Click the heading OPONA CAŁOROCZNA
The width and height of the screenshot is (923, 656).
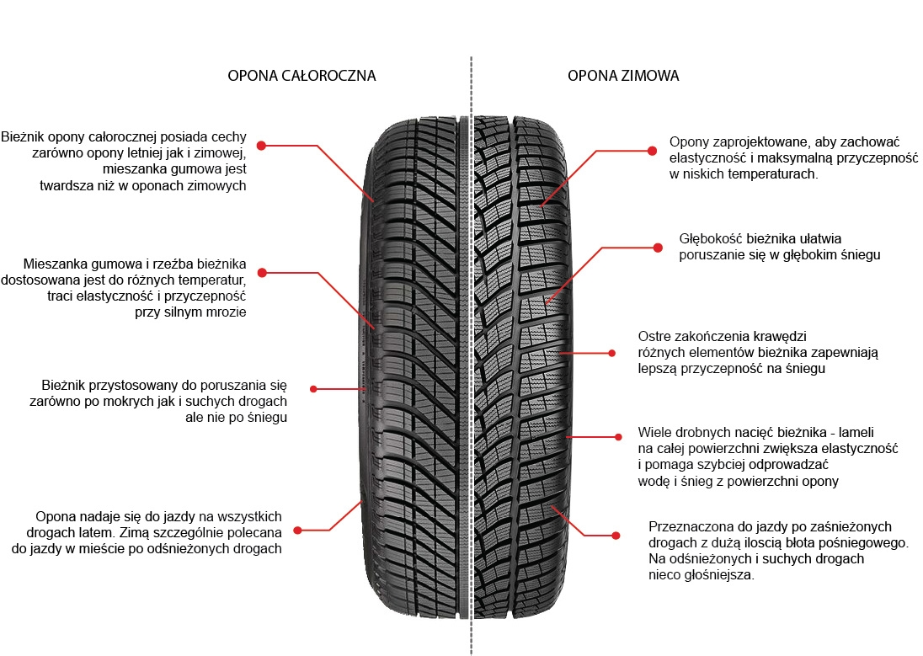click(301, 76)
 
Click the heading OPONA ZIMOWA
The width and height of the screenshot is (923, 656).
click(623, 76)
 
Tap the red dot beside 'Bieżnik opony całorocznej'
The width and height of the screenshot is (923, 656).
click(261, 146)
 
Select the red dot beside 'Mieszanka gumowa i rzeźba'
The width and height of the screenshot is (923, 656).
click(261, 273)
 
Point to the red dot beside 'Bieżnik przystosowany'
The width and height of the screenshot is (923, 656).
click(313, 389)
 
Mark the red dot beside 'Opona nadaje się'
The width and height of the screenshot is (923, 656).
click(297, 531)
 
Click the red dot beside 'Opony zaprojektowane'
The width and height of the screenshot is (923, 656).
click(651, 151)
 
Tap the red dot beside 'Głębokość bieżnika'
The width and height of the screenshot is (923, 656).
click(658, 247)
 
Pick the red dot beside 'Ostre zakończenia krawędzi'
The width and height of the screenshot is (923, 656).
click(612, 353)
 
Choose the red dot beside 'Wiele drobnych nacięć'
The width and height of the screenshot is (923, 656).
click(618, 436)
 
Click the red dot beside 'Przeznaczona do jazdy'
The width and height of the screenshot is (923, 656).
click(616, 535)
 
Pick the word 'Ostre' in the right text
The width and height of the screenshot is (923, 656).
click(654, 335)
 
